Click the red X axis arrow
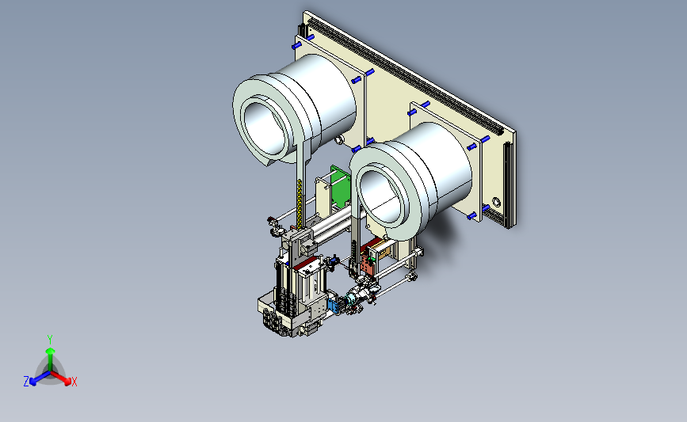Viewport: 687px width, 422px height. click(60, 378)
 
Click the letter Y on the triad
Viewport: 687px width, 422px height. click(49, 340)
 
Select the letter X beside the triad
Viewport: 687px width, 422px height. click(74, 382)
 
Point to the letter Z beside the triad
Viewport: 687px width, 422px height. click(26, 382)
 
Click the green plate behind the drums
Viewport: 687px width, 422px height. click(341, 186)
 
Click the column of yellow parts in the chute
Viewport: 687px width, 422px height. click(300, 203)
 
